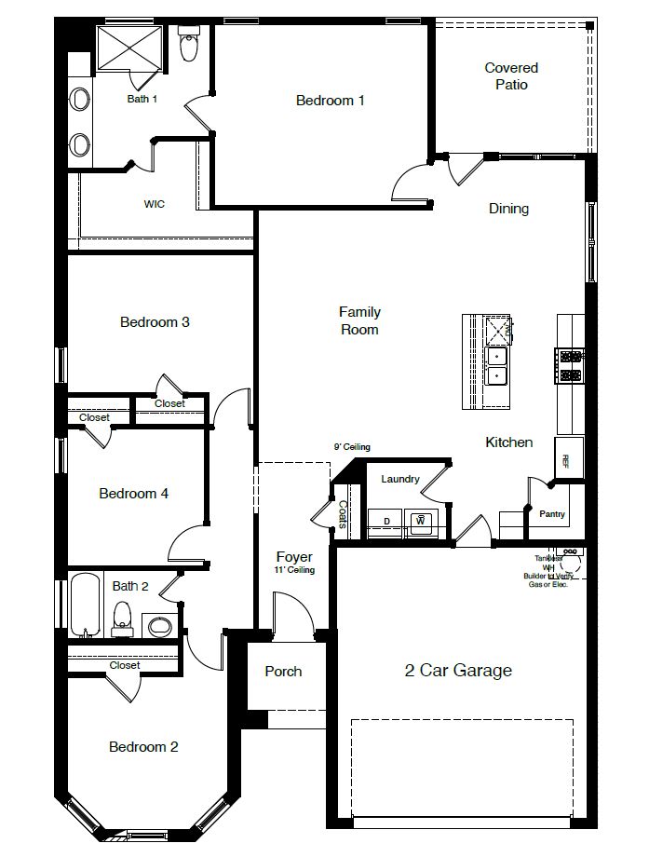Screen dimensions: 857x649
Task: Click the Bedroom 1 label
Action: click(x=330, y=101)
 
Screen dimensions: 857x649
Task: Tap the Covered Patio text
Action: click(x=511, y=76)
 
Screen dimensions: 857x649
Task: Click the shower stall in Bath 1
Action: click(x=130, y=47)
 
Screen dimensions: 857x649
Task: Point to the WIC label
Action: click(x=155, y=204)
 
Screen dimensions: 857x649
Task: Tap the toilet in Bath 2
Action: click(x=122, y=618)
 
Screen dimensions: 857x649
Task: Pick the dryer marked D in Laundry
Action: click(x=385, y=522)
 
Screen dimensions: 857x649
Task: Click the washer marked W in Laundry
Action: click(x=420, y=522)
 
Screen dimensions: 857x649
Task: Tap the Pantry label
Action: click(x=552, y=514)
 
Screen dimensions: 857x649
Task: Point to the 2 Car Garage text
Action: click(x=457, y=670)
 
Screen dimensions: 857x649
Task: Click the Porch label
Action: click(x=283, y=671)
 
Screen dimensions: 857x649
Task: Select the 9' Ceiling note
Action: click(x=353, y=447)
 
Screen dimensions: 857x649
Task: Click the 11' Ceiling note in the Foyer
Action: click(x=294, y=570)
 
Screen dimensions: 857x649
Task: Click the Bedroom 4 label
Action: click(x=133, y=494)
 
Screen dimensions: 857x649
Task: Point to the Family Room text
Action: click(x=359, y=320)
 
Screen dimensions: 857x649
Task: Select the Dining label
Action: click(x=508, y=209)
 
